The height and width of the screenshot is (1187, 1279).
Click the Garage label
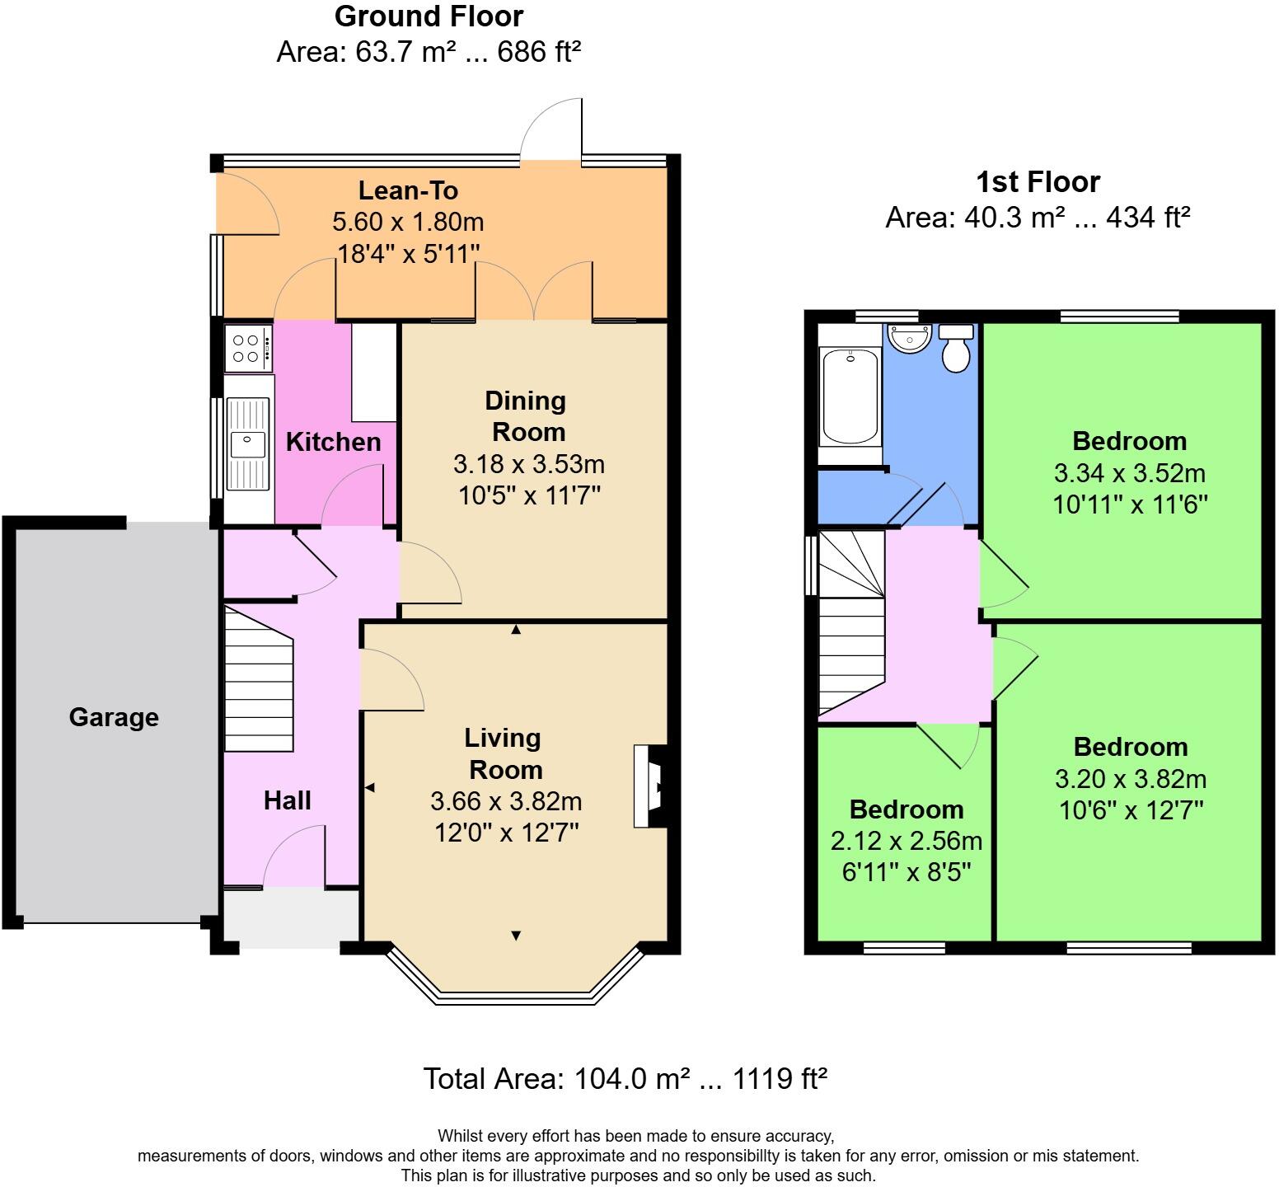coord(114,717)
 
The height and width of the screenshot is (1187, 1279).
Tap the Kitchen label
coord(333,442)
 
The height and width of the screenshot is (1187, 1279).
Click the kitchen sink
coord(248,444)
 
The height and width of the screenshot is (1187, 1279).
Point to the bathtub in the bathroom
coord(849,396)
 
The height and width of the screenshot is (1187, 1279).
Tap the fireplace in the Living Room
coord(649,786)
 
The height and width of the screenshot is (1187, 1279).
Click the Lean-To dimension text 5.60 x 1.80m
coord(408,222)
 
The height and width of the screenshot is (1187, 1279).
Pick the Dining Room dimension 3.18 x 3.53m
coord(528,464)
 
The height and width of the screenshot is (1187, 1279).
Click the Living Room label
coord(504,753)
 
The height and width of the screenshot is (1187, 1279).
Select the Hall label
coord(287,800)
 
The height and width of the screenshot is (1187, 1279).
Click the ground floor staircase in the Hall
coord(259,681)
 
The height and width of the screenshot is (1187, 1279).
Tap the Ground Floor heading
coord(429,16)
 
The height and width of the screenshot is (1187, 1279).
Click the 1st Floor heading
coord(1038,181)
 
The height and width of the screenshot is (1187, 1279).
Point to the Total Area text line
coord(625,1078)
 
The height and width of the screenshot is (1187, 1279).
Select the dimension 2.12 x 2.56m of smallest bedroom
coord(906,841)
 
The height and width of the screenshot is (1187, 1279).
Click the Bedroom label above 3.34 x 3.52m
coord(1129,441)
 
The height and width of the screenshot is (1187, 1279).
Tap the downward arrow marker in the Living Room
coord(516,936)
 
